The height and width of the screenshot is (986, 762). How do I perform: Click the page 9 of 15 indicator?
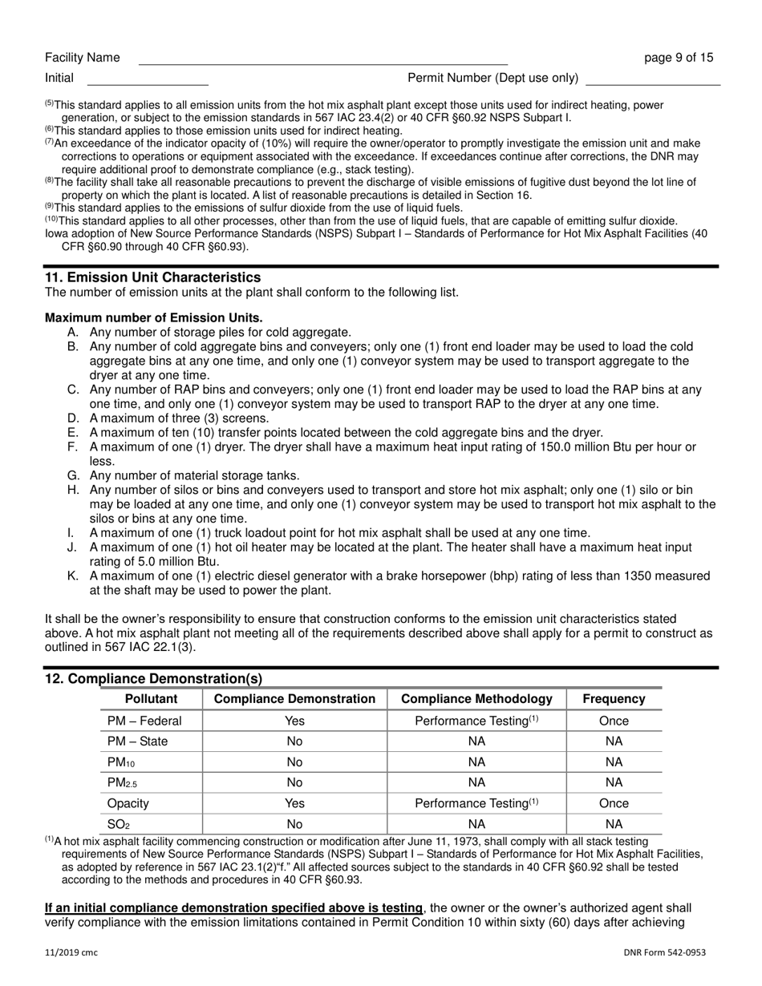coord(679,58)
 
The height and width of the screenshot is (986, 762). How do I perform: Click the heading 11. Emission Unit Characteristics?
coord(152,277)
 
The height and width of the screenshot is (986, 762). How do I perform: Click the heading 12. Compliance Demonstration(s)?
coord(153,679)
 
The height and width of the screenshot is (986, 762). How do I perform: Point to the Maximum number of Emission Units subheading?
coord(153,317)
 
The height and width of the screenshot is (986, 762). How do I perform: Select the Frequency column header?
coord(614,699)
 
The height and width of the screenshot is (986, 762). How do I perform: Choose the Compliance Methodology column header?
coord(476,699)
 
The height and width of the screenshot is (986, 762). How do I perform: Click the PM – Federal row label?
coord(144,721)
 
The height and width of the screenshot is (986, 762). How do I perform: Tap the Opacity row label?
coord(128,803)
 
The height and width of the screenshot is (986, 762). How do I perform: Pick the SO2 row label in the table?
coord(118,824)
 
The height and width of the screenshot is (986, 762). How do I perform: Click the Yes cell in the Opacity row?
coord(294,803)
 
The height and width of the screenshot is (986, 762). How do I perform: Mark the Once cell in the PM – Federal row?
coord(614,721)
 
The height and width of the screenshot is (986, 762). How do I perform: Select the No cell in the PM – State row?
coord(294,742)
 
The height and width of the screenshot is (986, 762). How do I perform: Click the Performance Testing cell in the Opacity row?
coord(476,803)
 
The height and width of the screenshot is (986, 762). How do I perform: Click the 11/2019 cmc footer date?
coord(72,952)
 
